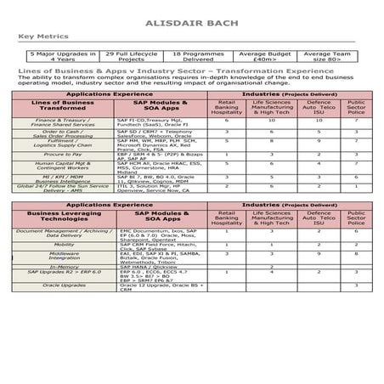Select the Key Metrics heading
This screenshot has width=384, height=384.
click(x=39, y=37)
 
